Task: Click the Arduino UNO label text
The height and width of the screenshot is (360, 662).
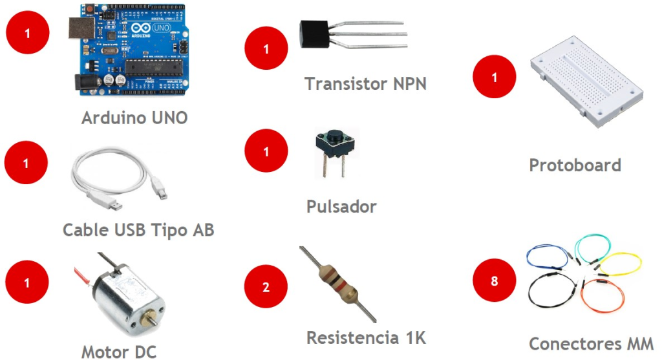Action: point(134,118)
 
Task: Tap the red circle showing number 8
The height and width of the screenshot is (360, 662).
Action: point(495,282)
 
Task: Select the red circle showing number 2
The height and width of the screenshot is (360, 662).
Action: point(266,288)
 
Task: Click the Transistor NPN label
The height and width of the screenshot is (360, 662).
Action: point(365,83)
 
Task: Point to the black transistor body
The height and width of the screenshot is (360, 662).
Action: point(314,34)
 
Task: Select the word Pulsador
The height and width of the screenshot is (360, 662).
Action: point(341,207)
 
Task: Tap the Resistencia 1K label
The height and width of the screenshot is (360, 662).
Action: point(366,337)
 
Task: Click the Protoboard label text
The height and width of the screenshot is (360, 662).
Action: point(575,165)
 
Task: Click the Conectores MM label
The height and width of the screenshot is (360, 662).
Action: point(591,344)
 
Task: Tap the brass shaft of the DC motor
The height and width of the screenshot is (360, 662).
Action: point(153,321)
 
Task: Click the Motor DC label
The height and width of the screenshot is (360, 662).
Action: point(119,352)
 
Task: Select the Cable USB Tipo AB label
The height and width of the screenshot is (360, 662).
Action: point(138,229)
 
